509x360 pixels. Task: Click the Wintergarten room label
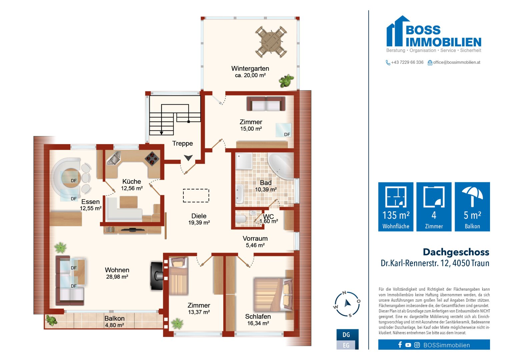tap(250, 68)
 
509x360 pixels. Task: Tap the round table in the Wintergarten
tap(271, 42)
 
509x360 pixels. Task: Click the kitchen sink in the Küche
tap(114, 158)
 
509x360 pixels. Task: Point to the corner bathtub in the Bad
tap(281, 166)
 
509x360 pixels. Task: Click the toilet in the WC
tap(241, 219)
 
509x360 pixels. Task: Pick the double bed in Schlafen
tap(273, 295)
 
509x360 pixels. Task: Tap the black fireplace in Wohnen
tap(157, 276)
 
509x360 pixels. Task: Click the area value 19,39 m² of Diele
tap(199, 223)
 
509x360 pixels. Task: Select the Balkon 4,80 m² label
tap(115, 322)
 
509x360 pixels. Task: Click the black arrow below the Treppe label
tap(188, 157)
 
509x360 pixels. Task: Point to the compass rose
tap(347, 304)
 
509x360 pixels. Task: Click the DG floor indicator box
tap(347, 335)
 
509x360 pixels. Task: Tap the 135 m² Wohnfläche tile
tap(396, 207)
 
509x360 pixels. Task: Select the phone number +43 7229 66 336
tap(407, 62)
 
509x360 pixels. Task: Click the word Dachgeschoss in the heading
tap(456, 252)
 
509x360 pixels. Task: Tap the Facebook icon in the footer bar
tap(400, 345)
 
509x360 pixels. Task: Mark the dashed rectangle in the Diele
tap(196, 195)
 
